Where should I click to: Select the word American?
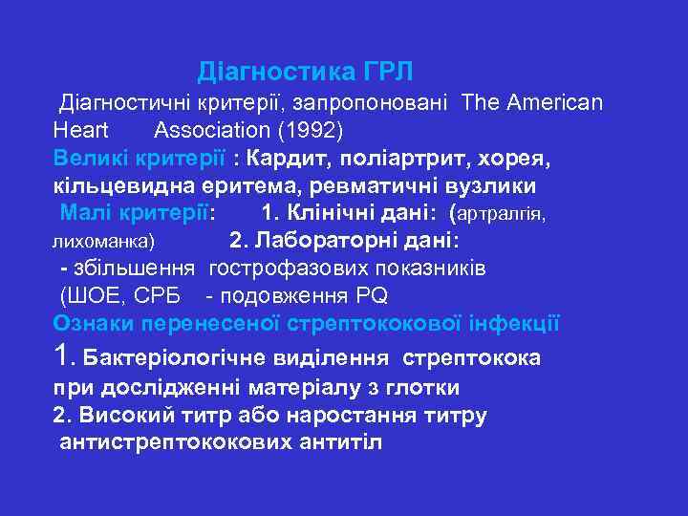click(555, 102)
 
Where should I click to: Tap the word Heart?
click(81, 129)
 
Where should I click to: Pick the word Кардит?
click(290, 156)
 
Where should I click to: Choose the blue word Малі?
click(89, 211)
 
